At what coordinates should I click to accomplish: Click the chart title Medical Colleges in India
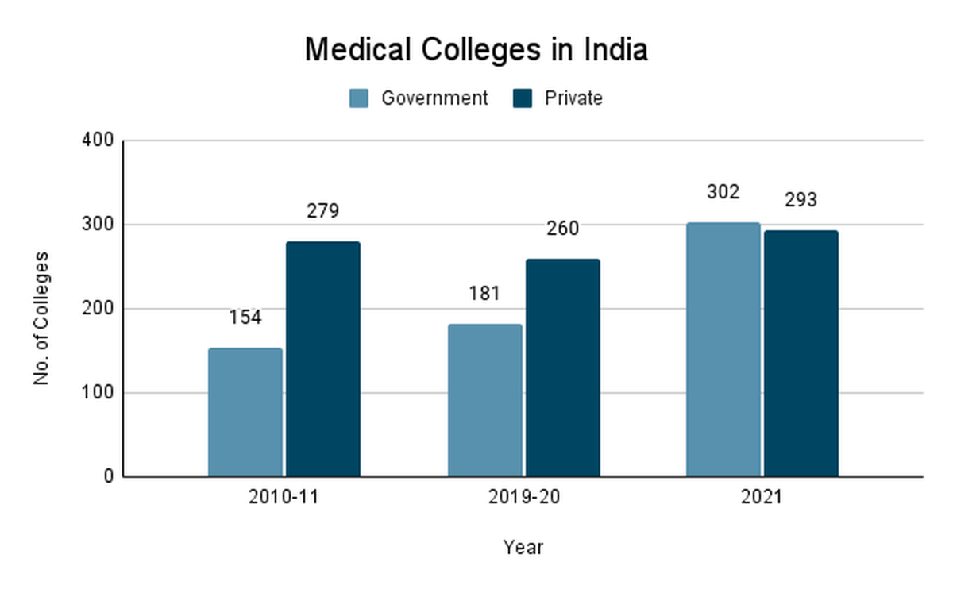click(x=476, y=50)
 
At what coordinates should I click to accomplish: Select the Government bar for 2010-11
click(x=245, y=412)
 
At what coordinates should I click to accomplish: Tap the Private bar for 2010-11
click(x=323, y=359)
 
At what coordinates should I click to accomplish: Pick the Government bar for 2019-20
click(x=484, y=400)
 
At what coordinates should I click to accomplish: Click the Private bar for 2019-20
click(x=562, y=368)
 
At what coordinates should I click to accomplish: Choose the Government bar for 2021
click(x=723, y=349)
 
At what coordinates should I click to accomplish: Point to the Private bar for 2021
click(x=801, y=353)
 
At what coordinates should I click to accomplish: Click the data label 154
click(x=245, y=318)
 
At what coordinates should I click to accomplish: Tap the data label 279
click(x=323, y=212)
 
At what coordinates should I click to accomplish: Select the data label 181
click(x=484, y=294)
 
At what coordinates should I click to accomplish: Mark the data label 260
click(x=562, y=229)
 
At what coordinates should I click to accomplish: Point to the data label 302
click(x=723, y=193)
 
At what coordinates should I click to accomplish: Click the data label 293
click(x=801, y=200)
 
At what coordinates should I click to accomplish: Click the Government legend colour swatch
click(x=360, y=98)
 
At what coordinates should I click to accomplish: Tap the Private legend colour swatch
click(x=523, y=98)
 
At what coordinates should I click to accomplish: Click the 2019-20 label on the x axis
click(x=523, y=499)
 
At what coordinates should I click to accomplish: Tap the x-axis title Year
click(x=523, y=547)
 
